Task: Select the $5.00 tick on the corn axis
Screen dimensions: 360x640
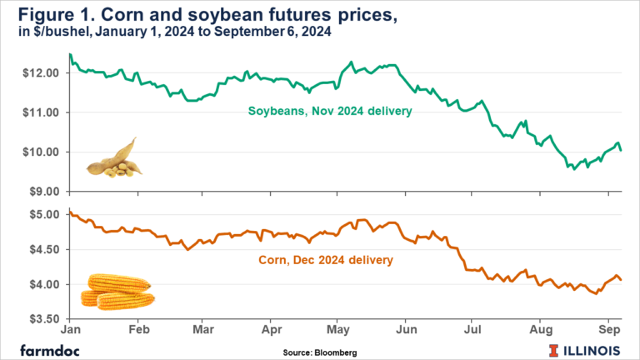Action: (46, 214)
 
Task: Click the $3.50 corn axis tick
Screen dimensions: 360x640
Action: (46, 319)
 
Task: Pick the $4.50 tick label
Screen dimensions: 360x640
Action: (46, 249)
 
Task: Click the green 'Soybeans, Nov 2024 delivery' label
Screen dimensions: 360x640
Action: (332, 110)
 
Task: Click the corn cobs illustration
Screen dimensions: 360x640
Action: (117, 291)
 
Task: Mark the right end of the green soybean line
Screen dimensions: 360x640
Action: (621, 150)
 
